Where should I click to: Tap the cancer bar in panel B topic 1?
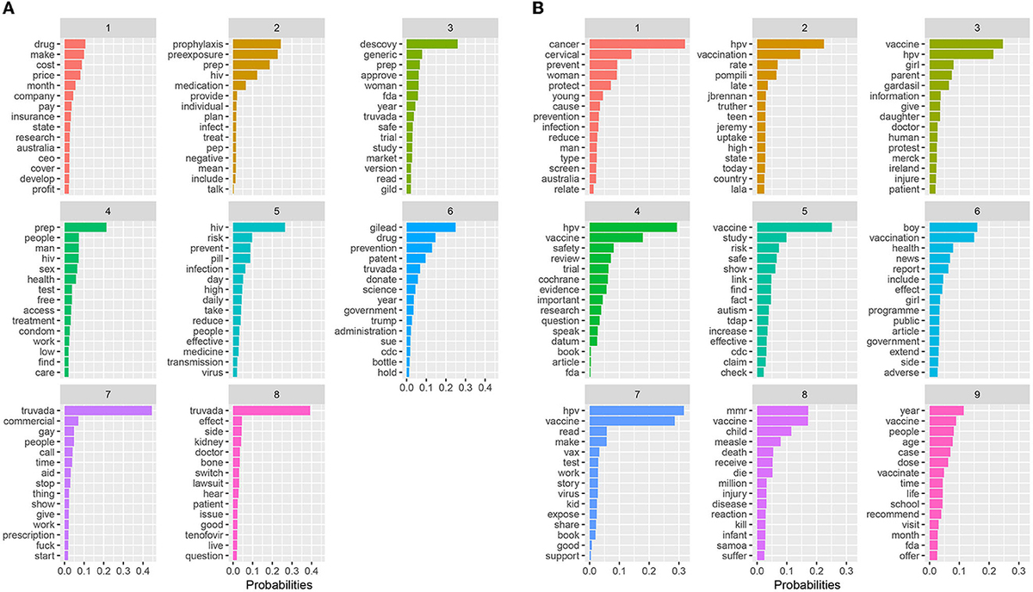point(636,43)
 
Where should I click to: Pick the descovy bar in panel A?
point(431,43)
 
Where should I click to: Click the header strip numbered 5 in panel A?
point(278,207)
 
